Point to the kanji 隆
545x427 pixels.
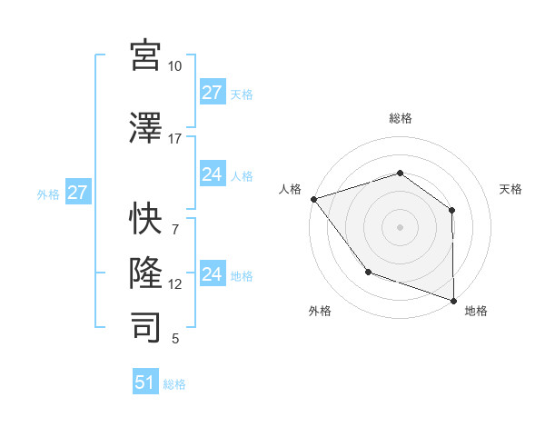(x=145, y=273)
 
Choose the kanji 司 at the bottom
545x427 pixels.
(x=145, y=327)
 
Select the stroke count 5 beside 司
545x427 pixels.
(x=175, y=339)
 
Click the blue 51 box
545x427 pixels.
(x=145, y=382)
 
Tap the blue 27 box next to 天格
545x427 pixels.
(x=212, y=93)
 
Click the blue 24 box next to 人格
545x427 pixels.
(x=212, y=174)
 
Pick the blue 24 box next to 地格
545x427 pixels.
(x=212, y=274)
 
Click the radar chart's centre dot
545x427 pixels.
(x=400, y=226)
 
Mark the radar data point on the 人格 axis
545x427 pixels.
(x=313, y=198)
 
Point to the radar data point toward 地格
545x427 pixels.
(x=453, y=300)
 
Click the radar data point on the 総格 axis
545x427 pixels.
(x=400, y=173)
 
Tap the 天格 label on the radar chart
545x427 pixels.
(x=511, y=189)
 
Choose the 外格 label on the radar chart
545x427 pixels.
(x=320, y=311)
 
